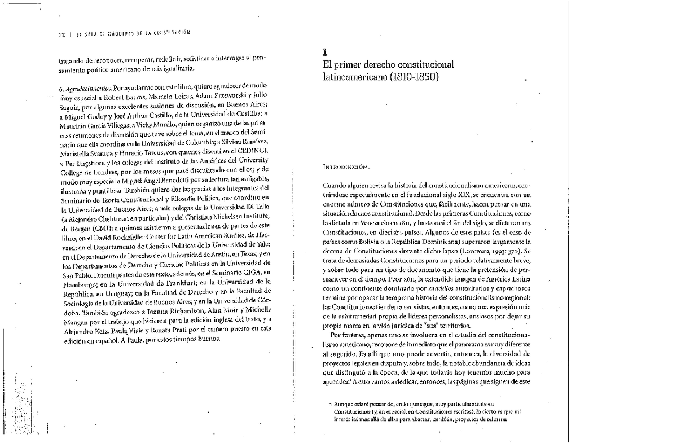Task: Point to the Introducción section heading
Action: (345, 167)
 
